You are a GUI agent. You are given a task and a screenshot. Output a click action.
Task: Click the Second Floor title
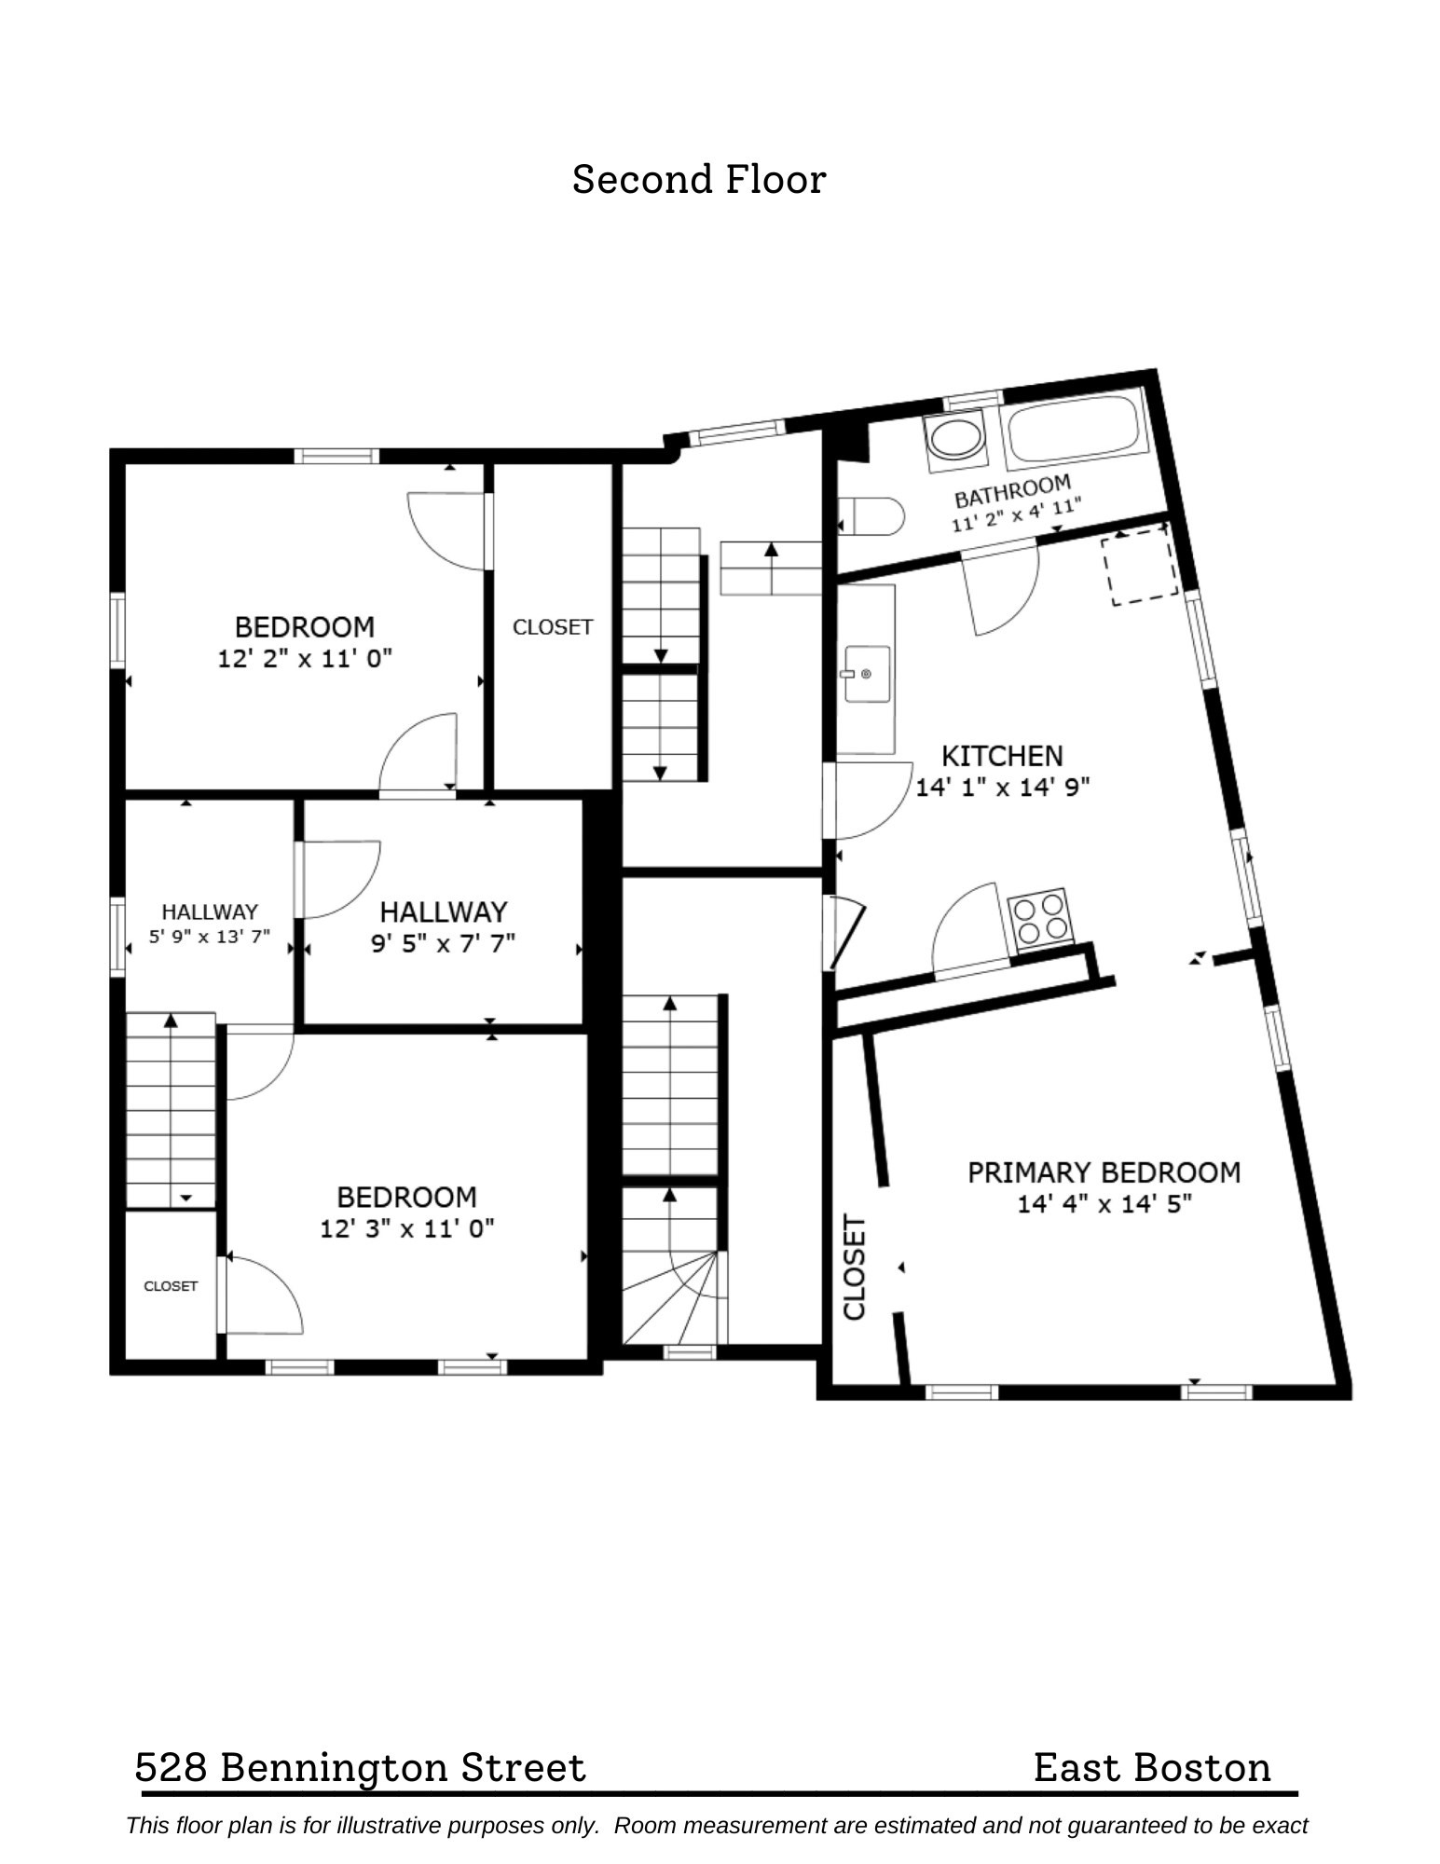tap(698, 179)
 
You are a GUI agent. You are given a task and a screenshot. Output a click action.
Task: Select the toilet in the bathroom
tap(873, 515)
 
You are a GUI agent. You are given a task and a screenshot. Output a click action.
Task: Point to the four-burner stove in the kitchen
tap(1039, 919)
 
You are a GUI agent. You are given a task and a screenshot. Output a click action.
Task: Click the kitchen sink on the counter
tap(866, 673)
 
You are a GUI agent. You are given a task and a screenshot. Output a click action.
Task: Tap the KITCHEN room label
tap(1001, 755)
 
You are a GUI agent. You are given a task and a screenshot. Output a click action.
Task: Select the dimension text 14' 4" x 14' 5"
tap(1104, 1204)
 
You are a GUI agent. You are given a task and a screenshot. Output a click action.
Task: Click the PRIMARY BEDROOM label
tap(1104, 1172)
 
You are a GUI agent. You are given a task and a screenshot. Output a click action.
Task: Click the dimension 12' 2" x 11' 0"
tap(305, 659)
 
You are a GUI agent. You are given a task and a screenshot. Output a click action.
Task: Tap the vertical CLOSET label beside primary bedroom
tap(855, 1267)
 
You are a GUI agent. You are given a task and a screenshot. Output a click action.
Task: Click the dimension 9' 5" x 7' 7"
tap(443, 944)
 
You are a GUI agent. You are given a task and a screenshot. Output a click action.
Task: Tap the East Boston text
tap(1151, 1767)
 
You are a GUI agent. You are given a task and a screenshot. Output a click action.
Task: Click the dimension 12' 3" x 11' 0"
tap(406, 1228)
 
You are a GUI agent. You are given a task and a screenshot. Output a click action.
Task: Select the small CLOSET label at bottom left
tap(171, 1286)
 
